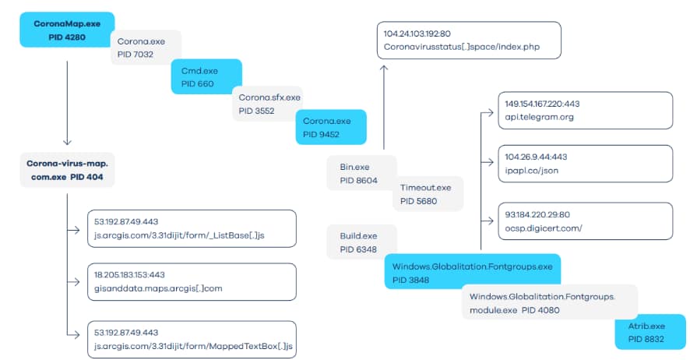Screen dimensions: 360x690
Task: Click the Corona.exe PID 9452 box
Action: (x=330, y=127)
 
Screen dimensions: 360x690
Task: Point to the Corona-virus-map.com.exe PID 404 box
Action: (x=68, y=170)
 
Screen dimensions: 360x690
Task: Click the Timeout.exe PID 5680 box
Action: (x=428, y=194)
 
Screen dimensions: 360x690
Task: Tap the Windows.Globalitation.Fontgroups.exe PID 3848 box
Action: (x=472, y=272)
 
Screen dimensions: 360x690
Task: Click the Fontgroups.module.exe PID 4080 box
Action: (x=549, y=303)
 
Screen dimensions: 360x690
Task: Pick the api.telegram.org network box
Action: (x=584, y=110)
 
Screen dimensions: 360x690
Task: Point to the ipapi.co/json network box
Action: (x=584, y=164)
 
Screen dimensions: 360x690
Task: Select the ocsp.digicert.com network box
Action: (x=584, y=221)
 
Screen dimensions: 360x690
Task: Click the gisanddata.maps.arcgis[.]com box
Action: (x=192, y=282)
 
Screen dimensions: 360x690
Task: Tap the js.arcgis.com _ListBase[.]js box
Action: (x=192, y=228)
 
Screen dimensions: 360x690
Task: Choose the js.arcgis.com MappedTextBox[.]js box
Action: (x=192, y=338)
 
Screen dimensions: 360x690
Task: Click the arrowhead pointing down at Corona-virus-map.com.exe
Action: (x=68, y=142)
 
